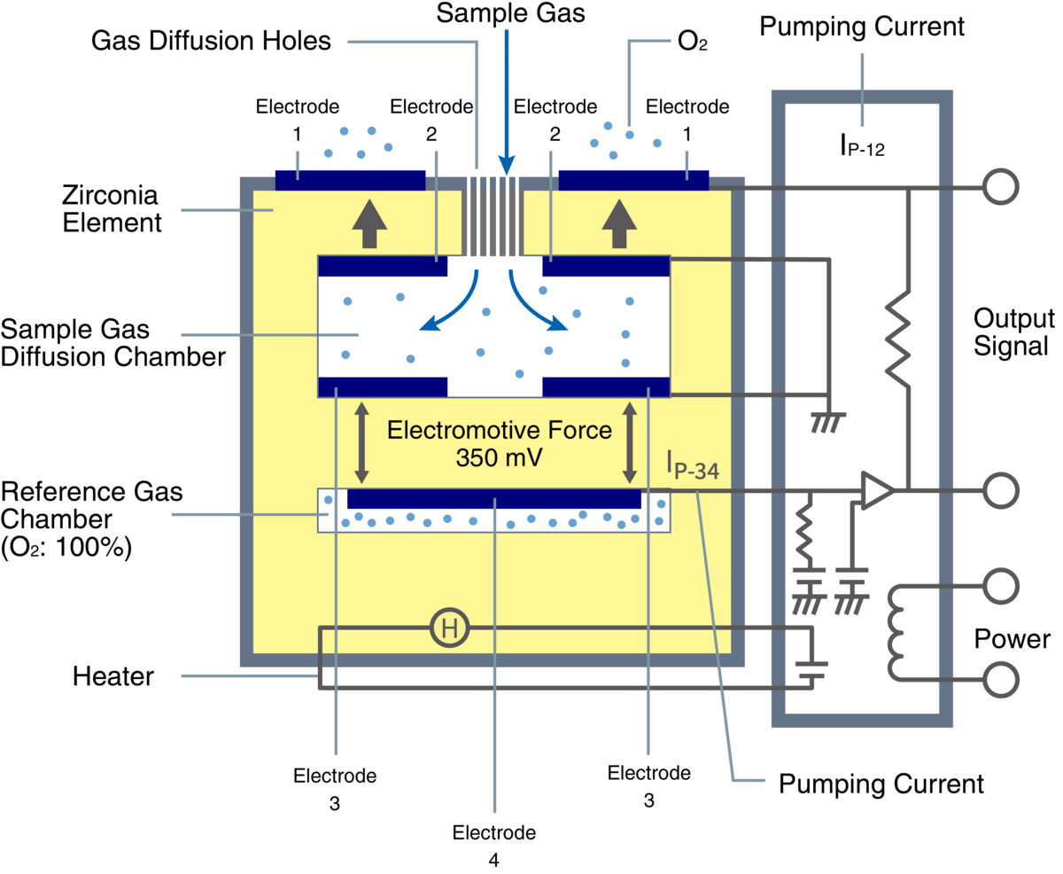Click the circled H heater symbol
point(449,629)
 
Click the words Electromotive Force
point(500,431)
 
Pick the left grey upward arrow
point(369,223)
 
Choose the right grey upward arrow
point(619,223)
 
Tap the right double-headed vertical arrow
point(631,441)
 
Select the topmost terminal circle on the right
point(1001,187)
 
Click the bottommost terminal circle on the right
point(1001,680)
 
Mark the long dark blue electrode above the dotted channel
point(493,498)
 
